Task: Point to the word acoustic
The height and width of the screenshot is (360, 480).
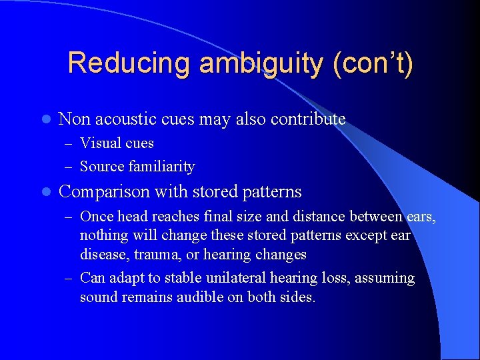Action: pos(127,119)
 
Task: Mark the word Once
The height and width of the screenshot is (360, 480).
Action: pos(97,217)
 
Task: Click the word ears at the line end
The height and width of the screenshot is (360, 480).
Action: pos(421,217)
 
